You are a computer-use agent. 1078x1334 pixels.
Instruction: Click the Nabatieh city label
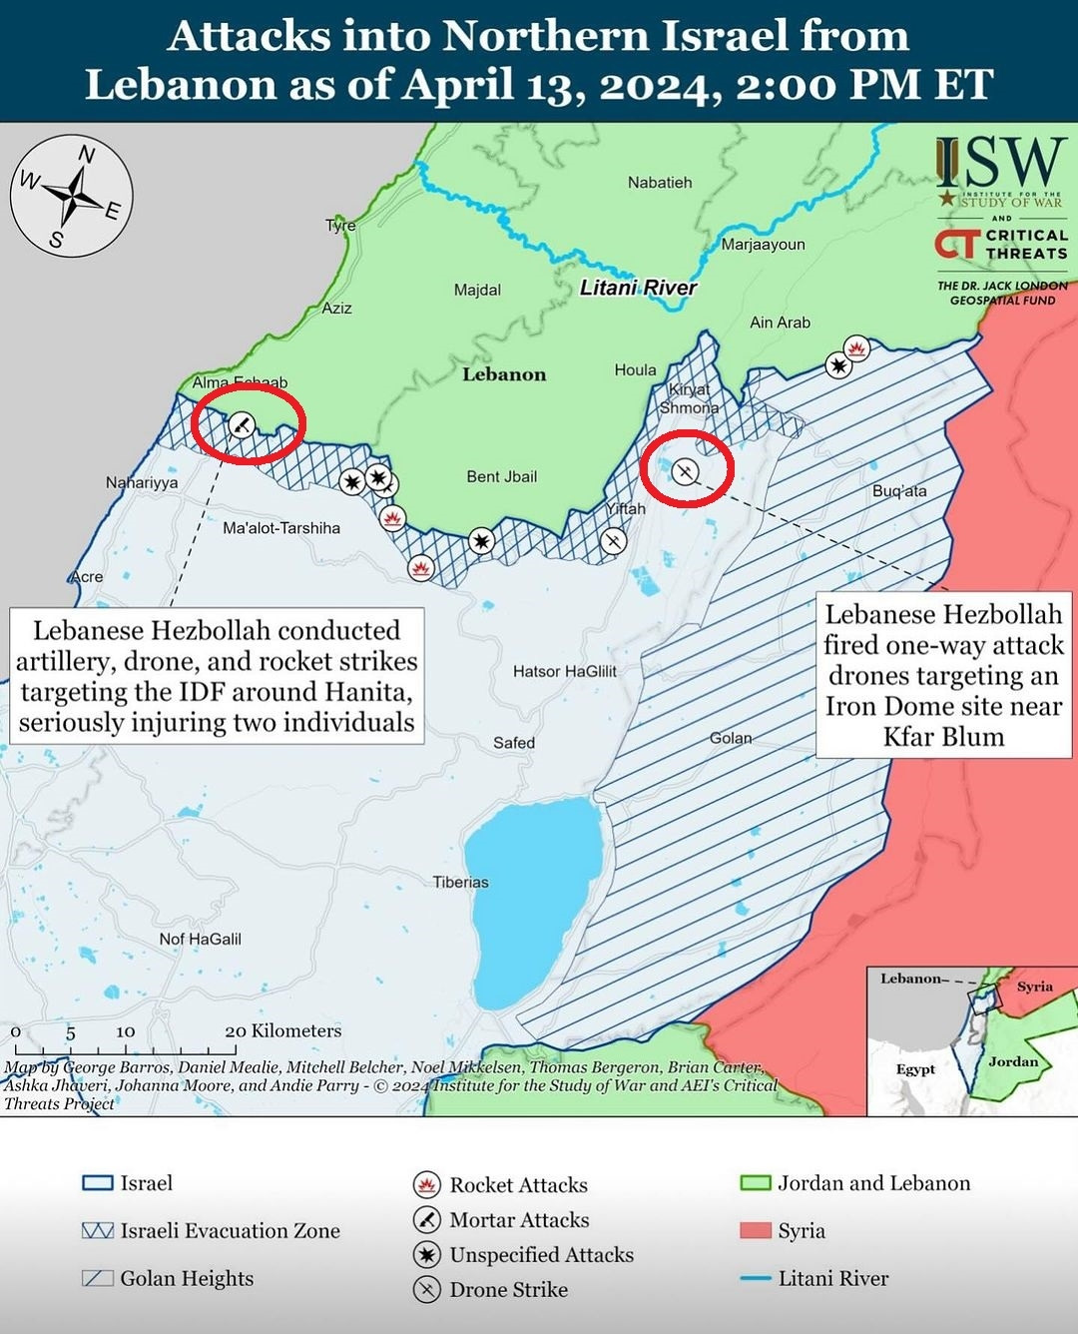point(659,183)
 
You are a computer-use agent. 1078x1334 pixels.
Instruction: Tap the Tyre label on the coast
point(340,226)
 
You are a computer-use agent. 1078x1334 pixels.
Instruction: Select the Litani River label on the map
point(638,288)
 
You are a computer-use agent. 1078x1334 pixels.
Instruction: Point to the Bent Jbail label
point(501,477)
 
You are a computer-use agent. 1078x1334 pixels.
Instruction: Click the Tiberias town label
point(460,883)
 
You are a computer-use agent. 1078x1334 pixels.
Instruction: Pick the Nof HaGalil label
point(200,940)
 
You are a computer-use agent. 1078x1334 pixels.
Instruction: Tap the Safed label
point(513,743)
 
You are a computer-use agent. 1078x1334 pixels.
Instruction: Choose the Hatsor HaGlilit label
point(564,672)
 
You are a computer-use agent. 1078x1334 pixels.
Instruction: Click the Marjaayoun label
point(763,245)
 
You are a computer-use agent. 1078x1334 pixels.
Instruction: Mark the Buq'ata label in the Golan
point(898,491)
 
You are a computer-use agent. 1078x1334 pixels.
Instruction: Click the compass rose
point(72,196)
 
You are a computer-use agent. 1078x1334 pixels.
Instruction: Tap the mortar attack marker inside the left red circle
point(242,425)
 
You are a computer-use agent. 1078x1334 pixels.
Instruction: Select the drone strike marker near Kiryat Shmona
point(685,470)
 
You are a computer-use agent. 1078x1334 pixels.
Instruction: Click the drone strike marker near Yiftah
point(614,541)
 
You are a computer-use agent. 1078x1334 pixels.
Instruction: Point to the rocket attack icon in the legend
point(427,1185)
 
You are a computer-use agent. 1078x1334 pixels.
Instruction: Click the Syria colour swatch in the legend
point(756,1230)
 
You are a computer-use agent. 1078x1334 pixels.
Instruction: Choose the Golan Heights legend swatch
point(97,1278)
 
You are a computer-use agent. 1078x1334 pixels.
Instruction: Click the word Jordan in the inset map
point(1012,1061)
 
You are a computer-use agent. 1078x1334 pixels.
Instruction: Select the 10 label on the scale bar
point(125,1031)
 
